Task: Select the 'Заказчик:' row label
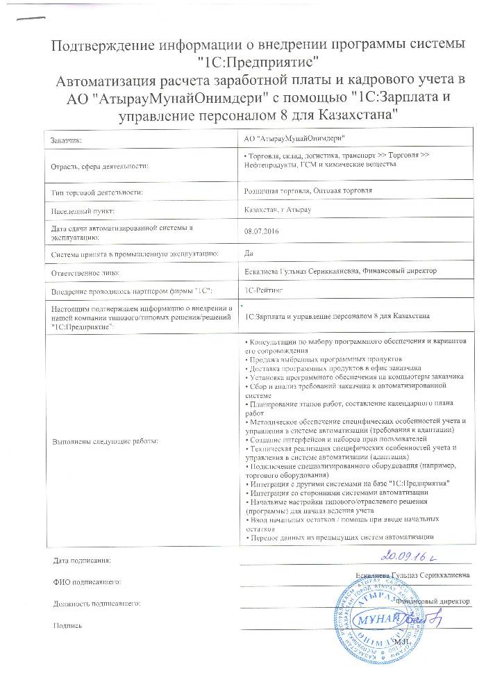(x=66, y=141)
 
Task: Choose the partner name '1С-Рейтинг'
(x=261, y=288)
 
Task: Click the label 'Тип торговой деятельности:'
(x=97, y=190)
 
